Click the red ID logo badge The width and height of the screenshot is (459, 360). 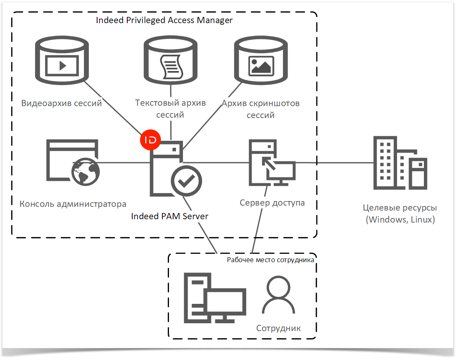[x=150, y=140]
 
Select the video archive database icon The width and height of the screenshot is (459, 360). [x=62, y=60]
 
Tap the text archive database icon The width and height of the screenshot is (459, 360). [x=170, y=60]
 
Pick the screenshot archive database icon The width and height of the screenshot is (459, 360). [x=261, y=60]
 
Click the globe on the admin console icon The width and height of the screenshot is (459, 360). [x=86, y=172]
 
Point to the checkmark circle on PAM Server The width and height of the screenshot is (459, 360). [x=186, y=181]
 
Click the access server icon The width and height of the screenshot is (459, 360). [x=272, y=163]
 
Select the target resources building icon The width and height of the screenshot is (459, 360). [x=400, y=163]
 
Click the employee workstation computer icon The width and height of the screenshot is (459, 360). [x=215, y=298]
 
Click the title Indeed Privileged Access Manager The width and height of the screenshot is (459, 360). [x=164, y=20]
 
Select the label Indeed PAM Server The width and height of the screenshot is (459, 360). [x=169, y=216]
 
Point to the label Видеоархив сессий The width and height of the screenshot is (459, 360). [x=62, y=103]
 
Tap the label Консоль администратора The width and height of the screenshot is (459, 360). [x=73, y=204]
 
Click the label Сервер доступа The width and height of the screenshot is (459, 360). [x=272, y=203]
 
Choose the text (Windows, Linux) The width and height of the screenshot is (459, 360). [x=400, y=219]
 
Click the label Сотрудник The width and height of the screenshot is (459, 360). [x=278, y=328]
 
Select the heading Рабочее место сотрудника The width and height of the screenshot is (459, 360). [x=271, y=260]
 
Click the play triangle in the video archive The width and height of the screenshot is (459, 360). [x=63, y=66]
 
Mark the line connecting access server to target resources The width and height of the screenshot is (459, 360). [x=334, y=163]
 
